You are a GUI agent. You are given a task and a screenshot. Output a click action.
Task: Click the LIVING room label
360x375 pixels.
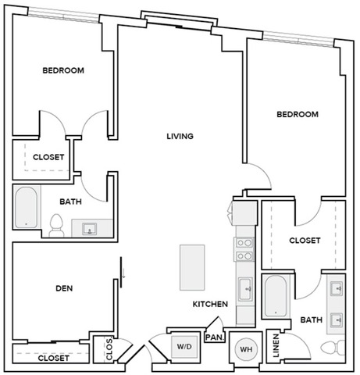coord(180,137)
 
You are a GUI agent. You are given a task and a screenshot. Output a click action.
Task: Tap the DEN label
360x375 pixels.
coord(64,288)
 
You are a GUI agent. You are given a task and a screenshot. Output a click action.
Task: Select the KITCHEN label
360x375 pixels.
coord(210,304)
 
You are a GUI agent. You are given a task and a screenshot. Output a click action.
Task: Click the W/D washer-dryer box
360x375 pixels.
coord(184,345)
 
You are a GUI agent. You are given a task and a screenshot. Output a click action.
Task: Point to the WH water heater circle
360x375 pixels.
coord(244,348)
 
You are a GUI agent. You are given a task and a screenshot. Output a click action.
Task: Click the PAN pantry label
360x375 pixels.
coord(212,337)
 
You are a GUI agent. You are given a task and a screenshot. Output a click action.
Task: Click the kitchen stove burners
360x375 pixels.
coord(244,248)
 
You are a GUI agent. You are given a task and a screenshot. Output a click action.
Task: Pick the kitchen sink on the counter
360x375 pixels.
coord(244,288)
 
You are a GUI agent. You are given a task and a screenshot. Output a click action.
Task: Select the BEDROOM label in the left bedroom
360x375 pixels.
coord(62,70)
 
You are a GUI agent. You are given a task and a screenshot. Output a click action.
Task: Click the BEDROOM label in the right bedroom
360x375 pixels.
coord(298,114)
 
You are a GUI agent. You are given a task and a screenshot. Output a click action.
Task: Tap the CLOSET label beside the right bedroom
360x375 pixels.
coord(305,241)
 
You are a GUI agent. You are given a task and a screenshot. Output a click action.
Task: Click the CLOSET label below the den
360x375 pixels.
coord(53,358)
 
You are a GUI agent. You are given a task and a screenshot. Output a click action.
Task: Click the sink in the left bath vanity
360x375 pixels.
coord(88,229)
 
